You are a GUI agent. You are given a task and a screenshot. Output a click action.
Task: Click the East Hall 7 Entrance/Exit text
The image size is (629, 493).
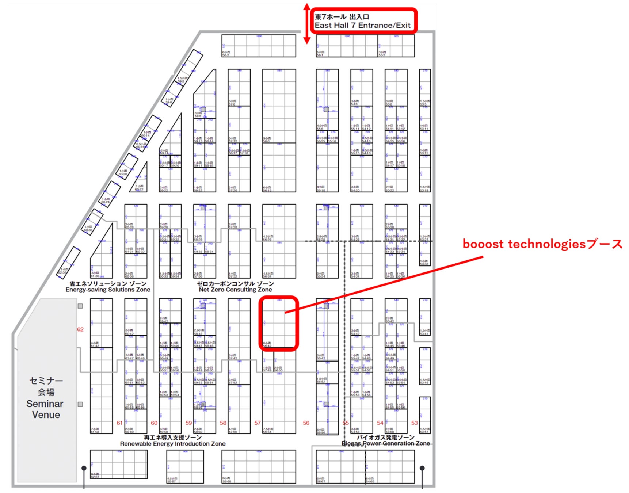[x=362, y=26]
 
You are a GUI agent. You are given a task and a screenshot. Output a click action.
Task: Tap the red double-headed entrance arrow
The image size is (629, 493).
[x=307, y=24]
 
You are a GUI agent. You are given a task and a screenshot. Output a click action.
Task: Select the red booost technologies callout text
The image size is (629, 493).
[x=542, y=244]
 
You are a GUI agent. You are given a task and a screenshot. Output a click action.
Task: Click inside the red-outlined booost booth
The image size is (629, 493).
[x=279, y=323]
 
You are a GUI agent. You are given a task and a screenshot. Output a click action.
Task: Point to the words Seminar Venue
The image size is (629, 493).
[x=45, y=409]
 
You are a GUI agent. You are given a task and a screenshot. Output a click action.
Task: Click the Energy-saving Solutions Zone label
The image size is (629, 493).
[x=108, y=290]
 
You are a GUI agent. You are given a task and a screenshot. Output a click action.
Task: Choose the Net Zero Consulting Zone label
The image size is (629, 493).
[x=235, y=290]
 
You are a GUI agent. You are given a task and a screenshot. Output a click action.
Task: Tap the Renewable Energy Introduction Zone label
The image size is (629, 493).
[x=172, y=444]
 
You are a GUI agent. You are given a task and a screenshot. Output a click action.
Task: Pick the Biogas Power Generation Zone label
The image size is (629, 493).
[x=386, y=443]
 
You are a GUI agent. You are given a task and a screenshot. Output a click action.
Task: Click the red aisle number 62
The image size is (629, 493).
[x=80, y=329]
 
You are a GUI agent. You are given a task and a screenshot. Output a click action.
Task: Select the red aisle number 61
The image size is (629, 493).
[x=119, y=423]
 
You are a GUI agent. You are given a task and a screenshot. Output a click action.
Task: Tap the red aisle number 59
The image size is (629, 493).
[x=188, y=423]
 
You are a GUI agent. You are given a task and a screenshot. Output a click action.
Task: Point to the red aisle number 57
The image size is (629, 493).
[x=258, y=423]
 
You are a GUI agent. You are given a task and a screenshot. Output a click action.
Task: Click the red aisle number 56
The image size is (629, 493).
[x=306, y=423]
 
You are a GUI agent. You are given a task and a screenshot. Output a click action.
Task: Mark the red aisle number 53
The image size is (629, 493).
[x=414, y=423]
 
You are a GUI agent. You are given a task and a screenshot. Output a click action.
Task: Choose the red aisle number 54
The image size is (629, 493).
[x=380, y=423]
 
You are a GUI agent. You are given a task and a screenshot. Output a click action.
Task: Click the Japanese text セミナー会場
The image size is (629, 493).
[x=46, y=386]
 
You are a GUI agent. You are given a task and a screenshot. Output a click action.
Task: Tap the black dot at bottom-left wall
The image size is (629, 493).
[x=84, y=468]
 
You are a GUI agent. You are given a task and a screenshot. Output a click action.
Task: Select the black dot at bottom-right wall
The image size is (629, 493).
[x=422, y=468]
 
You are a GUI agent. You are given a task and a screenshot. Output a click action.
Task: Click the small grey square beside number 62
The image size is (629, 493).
[x=80, y=306]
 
